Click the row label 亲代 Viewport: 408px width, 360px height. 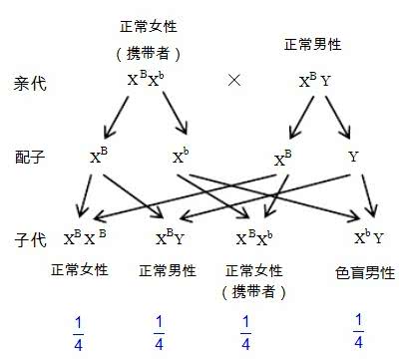point(29,81)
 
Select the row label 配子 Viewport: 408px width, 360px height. point(29,157)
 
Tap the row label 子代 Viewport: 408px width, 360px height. point(29,238)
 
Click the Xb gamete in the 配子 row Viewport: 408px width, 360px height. point(181,157)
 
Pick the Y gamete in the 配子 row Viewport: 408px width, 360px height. point(353,158)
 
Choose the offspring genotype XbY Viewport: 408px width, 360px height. point(368,238)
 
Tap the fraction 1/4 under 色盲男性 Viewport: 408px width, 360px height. point(360,330)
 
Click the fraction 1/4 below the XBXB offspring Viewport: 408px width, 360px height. point(80,330)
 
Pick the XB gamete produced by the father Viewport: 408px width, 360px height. point(282,157)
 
